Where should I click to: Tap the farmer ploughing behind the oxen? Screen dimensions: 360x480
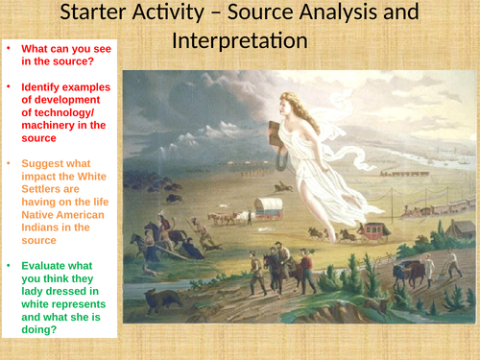pyautogui.click(x=450, y=266)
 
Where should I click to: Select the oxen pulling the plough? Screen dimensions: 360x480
pyautogui.click(x=414, y=271)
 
